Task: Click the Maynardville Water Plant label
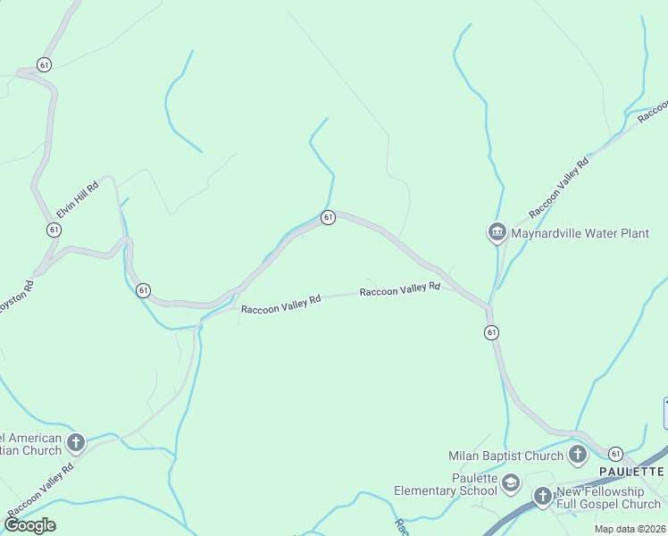pos(580,234)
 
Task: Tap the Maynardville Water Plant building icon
pos(497,233)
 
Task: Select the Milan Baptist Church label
pos(505,456)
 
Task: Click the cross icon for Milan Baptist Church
pos(577,456)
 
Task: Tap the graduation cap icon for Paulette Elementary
pos(511,484)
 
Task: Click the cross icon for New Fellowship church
pos(542,496)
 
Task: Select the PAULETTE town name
pos(631,471)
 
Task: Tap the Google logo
pos(29,524)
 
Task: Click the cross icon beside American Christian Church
pos(77,442)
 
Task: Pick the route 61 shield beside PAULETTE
pos(616,455)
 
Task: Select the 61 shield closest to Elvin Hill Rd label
pos(54,230)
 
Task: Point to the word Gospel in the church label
pos(615,505)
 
